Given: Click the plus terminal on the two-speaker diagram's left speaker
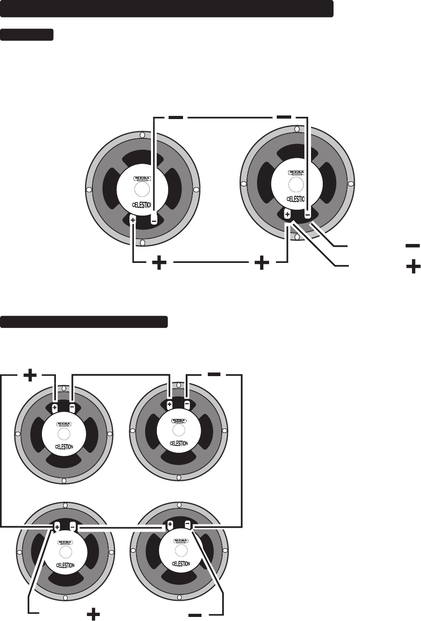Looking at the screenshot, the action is coord(133,220).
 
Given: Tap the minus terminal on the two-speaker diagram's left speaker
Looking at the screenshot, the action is coord(154,221).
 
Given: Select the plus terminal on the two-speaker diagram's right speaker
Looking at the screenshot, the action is coord(287,215).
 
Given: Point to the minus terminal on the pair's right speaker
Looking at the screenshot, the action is coord(307,215).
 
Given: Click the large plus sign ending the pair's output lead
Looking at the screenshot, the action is coord(413,268).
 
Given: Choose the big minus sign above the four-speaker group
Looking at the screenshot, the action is coord(214,374).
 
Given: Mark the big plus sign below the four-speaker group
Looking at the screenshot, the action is coord(92,614).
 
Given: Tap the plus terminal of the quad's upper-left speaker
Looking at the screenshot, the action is coord(54,408).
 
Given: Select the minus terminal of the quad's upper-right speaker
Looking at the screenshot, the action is coord(187,405).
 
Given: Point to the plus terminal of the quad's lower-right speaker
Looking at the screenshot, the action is coord(170,525).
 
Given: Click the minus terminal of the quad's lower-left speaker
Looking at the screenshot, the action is coord(73,527).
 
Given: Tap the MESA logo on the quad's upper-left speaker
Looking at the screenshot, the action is coord(64,424).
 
